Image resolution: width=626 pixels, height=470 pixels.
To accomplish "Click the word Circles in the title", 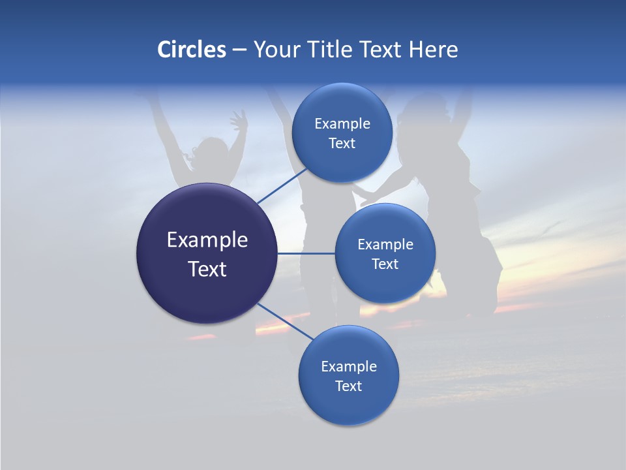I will [191, 50].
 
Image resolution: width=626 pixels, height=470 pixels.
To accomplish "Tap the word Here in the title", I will [433, 50].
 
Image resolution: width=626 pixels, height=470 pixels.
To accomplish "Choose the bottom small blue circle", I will [348, 405].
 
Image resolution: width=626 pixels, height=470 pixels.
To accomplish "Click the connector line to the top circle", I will [282, 185].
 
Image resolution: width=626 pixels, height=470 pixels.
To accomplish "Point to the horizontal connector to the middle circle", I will [306, 253].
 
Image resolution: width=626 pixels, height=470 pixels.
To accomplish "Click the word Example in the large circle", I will [207, 240].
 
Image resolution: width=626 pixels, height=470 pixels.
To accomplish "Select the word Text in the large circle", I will [207, 269].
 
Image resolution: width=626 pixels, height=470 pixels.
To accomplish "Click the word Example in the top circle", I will [342, 124].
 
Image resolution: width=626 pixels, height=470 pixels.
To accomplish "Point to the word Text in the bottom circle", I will [348, 386].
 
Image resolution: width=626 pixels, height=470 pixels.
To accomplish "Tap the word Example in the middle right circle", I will [385, 245].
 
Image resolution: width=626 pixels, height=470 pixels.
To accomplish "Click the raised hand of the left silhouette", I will [239, 121].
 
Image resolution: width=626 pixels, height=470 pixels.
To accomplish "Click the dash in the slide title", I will [239, 50].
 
